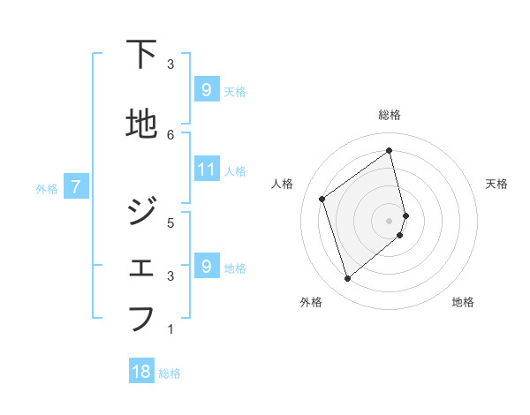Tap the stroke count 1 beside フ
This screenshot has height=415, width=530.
(170, 329)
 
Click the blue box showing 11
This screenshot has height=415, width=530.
(206, 169)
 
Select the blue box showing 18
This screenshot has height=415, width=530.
(141, 372)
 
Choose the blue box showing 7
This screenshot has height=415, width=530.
(76, 187)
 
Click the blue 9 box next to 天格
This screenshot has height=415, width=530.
(206, 89)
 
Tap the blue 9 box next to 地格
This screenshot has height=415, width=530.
(206, 266)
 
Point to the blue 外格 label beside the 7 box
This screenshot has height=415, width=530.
(47, 188)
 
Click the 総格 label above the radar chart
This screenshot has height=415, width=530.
(390, 115)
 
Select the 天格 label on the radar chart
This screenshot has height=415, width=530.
(496, 184)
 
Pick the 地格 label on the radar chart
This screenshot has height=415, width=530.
(463, 302)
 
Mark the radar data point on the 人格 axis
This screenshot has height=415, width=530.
(322, 199)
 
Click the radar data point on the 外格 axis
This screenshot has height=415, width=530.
(347, 279)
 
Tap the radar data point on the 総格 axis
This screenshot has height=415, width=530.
(390, 150)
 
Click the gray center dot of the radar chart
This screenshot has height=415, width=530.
(390, 220)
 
